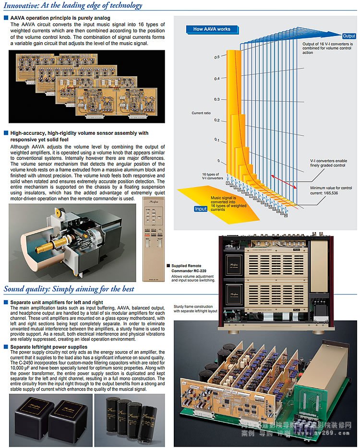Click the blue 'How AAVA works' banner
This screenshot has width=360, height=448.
212,29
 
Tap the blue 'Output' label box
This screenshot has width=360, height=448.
349,36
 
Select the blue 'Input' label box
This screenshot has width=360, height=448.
201,209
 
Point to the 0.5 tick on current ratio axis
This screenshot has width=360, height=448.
217,57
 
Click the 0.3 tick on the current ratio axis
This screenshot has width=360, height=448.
217,99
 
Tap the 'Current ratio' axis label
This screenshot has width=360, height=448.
201,113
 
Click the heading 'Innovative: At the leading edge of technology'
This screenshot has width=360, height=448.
73,6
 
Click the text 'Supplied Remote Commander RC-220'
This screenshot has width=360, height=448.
187,269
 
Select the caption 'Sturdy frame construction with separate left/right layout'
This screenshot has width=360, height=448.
195,308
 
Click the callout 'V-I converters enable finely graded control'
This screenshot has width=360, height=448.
328,163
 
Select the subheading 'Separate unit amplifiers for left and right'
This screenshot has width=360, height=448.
57,303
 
